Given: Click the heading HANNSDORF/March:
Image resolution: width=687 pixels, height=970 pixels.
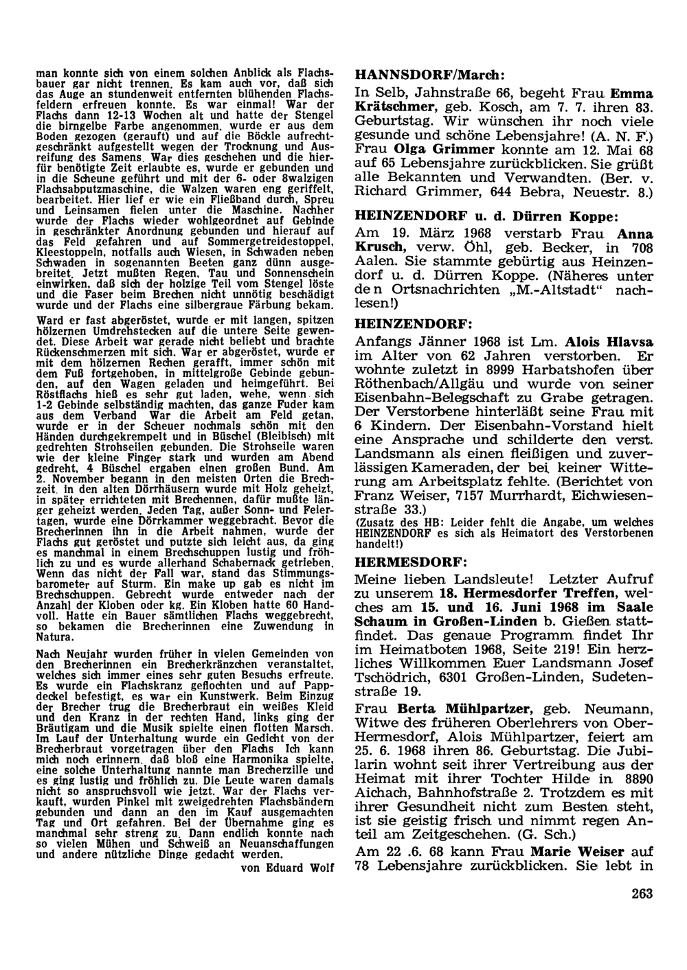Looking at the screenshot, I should point(429,74).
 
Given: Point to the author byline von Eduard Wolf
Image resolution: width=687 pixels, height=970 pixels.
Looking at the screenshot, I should point(287,868).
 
